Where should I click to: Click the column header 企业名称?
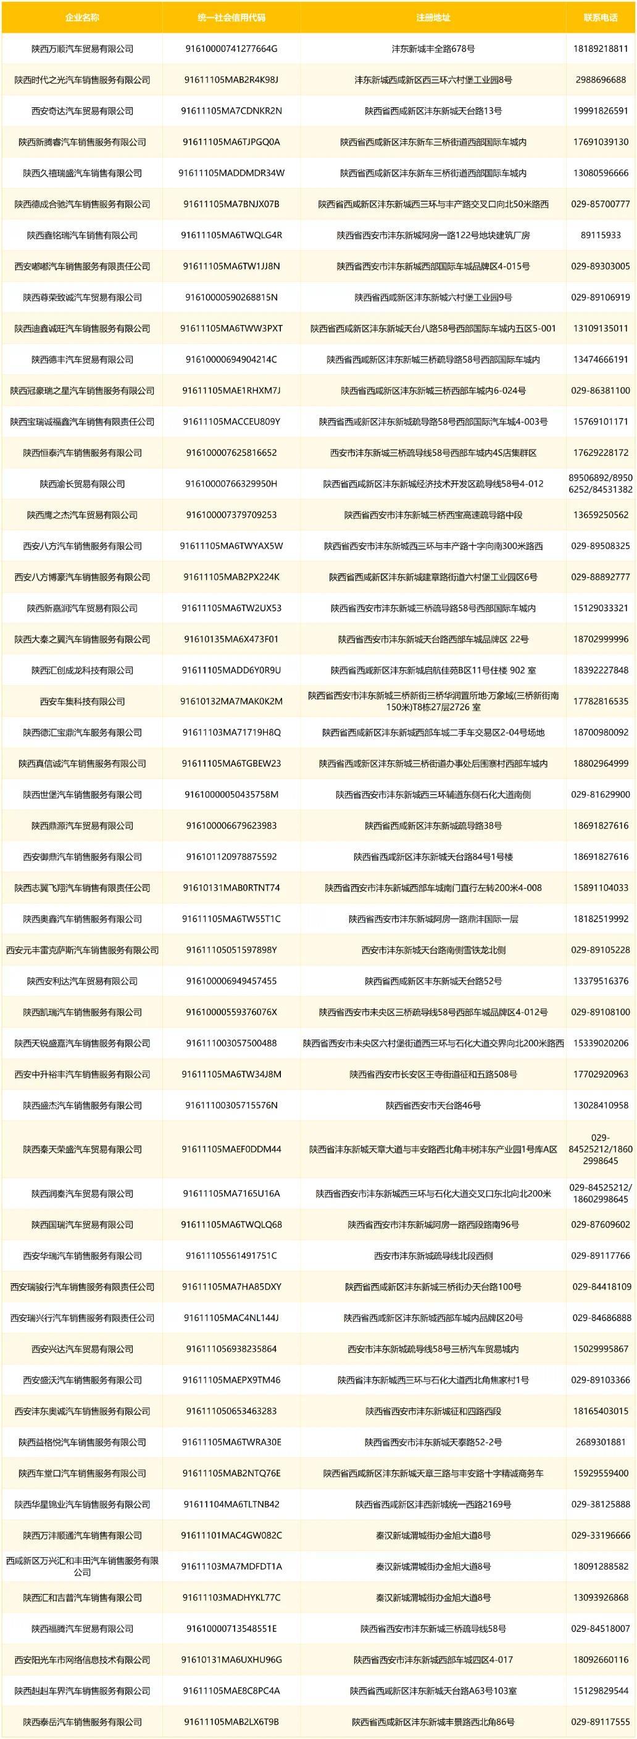point(81,17)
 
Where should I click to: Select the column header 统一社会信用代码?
point(231,17)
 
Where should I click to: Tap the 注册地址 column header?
point(433,17)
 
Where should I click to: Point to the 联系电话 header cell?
point(600,17)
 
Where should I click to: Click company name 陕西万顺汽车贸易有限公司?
point(81,49)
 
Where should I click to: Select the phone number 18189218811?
point(600,49)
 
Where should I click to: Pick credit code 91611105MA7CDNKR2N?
point(231,111)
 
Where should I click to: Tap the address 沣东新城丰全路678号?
point(433,49)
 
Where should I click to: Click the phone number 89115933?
point(600,235)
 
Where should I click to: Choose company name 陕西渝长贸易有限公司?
point(81,484)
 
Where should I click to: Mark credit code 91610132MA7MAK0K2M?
point(231,701)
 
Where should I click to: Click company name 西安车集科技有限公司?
point(81,701)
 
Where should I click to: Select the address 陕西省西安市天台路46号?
point(433,1105)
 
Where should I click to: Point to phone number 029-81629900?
point(600,794)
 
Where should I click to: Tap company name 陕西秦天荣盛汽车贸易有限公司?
point(81,1149)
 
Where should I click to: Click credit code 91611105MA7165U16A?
point(231,1193)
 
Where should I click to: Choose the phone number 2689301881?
point(600,1442)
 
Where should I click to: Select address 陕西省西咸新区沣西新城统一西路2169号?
point(433,1504)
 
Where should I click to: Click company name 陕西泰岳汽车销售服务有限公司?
point(81,1722)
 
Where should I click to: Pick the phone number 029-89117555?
point(600,1722)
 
